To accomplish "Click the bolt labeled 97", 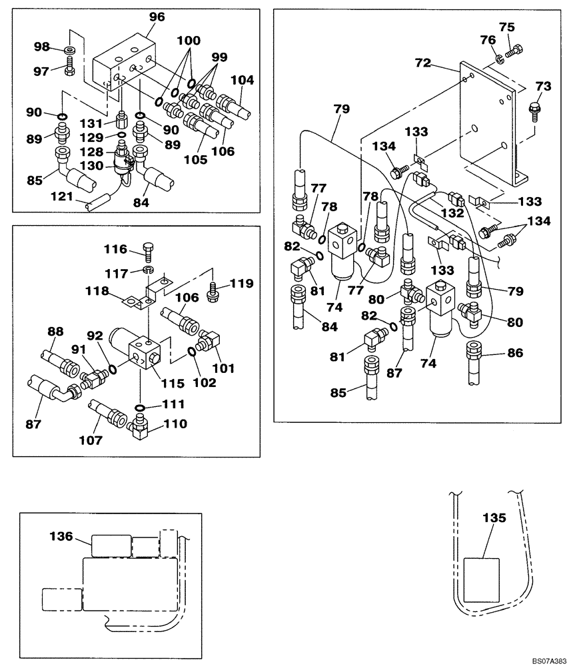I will (71, 67).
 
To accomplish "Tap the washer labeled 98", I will (70, 51).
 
